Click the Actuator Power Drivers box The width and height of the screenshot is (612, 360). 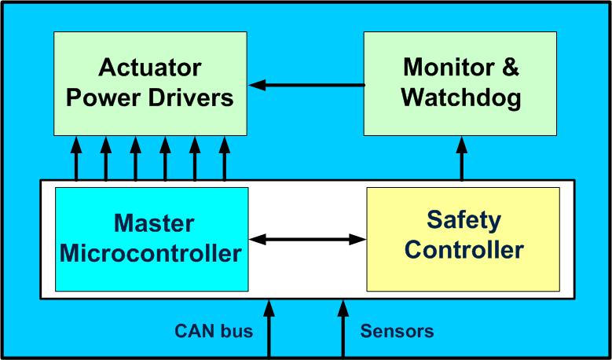(149, 83)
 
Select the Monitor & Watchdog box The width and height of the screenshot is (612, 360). (460, 83)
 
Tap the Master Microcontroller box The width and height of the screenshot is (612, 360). (151, 239)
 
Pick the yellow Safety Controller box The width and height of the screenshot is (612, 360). (463, 239)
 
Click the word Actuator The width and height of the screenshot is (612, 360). (149, 68)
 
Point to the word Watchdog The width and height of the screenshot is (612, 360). (460, 98)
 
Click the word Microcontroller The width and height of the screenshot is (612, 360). (151, 254)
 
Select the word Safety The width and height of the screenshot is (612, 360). (464, 220)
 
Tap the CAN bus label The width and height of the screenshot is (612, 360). (214, 331)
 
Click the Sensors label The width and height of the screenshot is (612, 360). (397, 331)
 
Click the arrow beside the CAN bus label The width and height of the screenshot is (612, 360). (269, 329)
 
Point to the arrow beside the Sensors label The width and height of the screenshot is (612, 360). (343, 329)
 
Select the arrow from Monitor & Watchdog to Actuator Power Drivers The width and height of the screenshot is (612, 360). (306, 84)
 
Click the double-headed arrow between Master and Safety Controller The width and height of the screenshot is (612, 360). (308, 237)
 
